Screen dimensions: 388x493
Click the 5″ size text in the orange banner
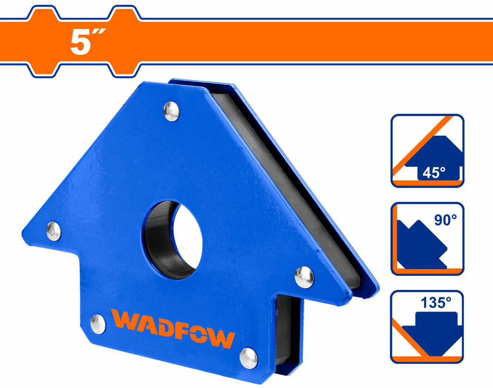(x=87, y=42)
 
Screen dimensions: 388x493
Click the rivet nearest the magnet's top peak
(x=171, y=111)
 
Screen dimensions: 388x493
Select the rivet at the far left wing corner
(x=54, y=232)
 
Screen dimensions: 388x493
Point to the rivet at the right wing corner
(x=304, y=276)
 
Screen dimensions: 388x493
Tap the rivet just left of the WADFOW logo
(x=98, y=324)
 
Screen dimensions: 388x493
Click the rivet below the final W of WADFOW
(x=249, y=358)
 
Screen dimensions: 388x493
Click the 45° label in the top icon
(x=434, y=173)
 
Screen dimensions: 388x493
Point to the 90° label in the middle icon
(x=445, y=220)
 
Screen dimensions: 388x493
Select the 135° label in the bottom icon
(x=436, y=303)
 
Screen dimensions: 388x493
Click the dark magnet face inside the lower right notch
(x=285, y=329)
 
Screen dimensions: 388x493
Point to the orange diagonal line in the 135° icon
(x=409, y=338)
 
